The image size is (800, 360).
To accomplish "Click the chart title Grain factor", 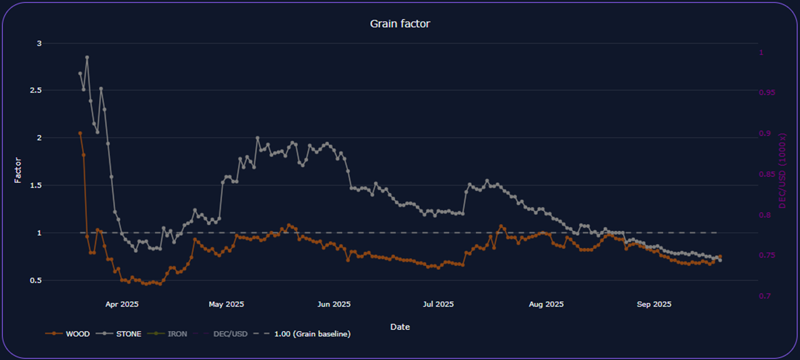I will pos(400,23).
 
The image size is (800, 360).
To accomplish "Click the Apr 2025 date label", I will pos(122,304).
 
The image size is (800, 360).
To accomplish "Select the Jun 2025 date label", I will pos(334,304).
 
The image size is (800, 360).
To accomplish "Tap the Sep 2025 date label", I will pos(654,304).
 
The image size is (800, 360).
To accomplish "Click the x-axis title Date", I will pos(400,327).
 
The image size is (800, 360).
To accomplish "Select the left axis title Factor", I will pos(18,170).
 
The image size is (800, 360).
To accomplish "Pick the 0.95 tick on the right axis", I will pos(768,92).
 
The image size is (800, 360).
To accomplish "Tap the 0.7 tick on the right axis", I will pos(764,296).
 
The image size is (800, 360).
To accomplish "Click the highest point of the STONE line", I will pos(87,57).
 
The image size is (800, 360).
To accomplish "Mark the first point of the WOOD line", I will pos(80,133).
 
